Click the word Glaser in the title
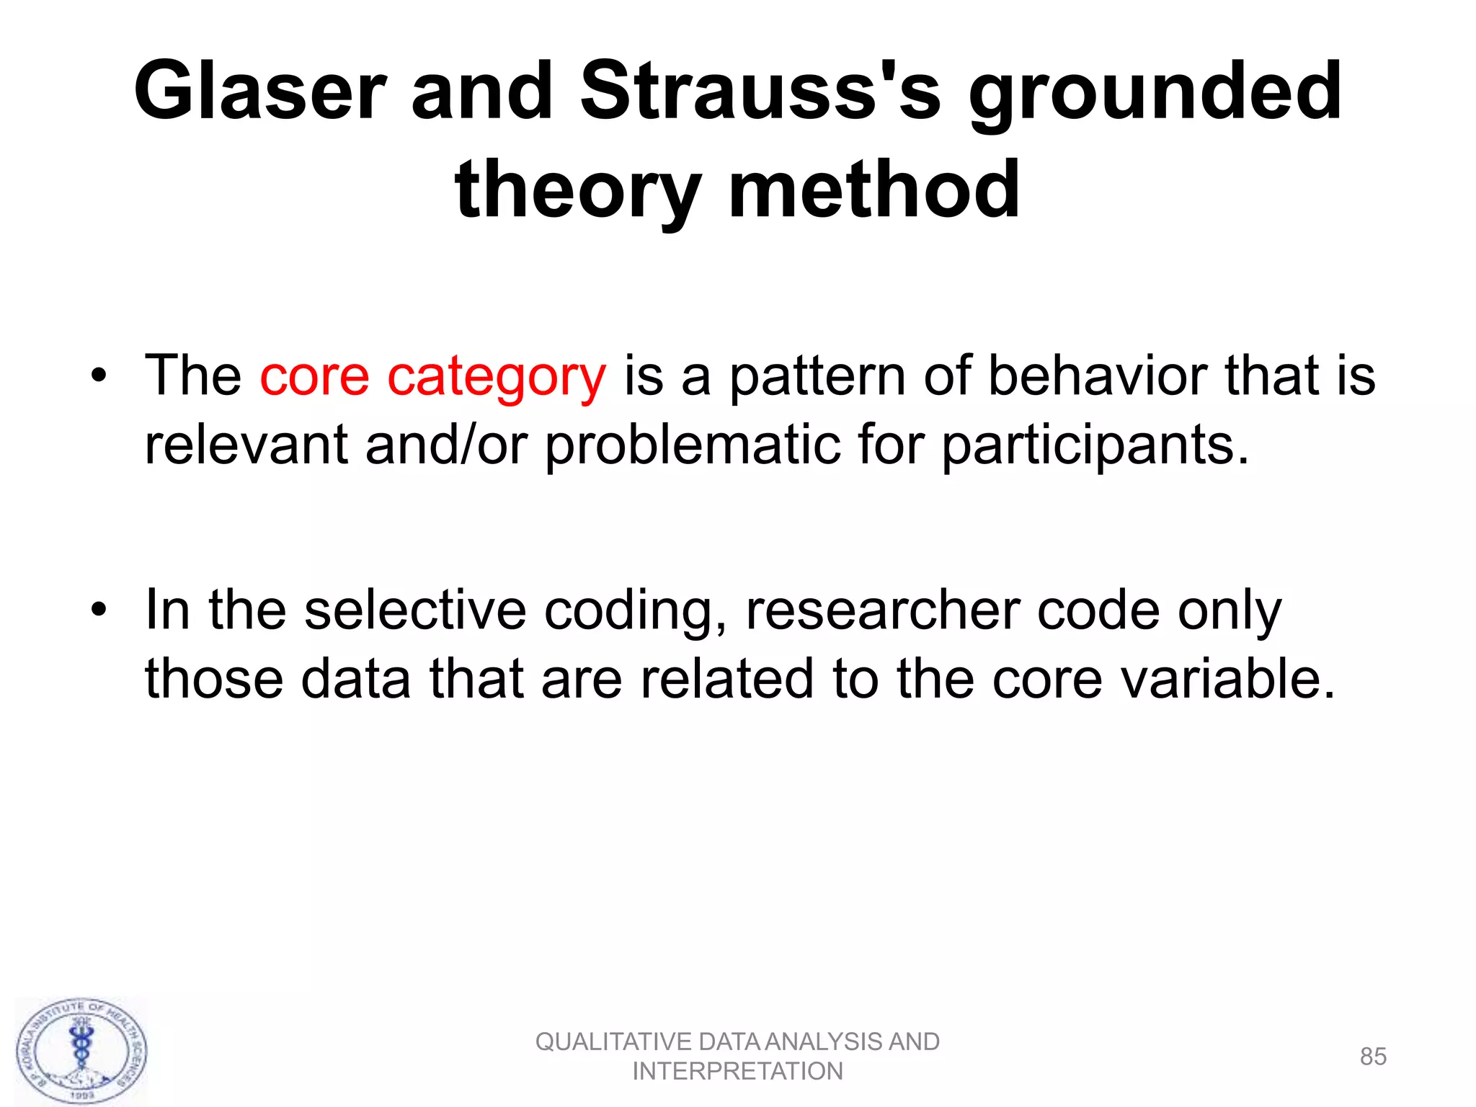point(260,92)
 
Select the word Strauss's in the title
point(760,92)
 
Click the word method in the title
point(874,190)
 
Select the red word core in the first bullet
point(314,376)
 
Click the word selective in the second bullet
point(415,610)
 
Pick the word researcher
point(883,610)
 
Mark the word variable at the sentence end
point(1219,679)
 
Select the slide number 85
point(1372,1057)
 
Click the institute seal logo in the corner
point(82,1052)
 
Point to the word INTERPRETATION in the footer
point(737,1072)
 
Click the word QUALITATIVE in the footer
point(613,1042)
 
